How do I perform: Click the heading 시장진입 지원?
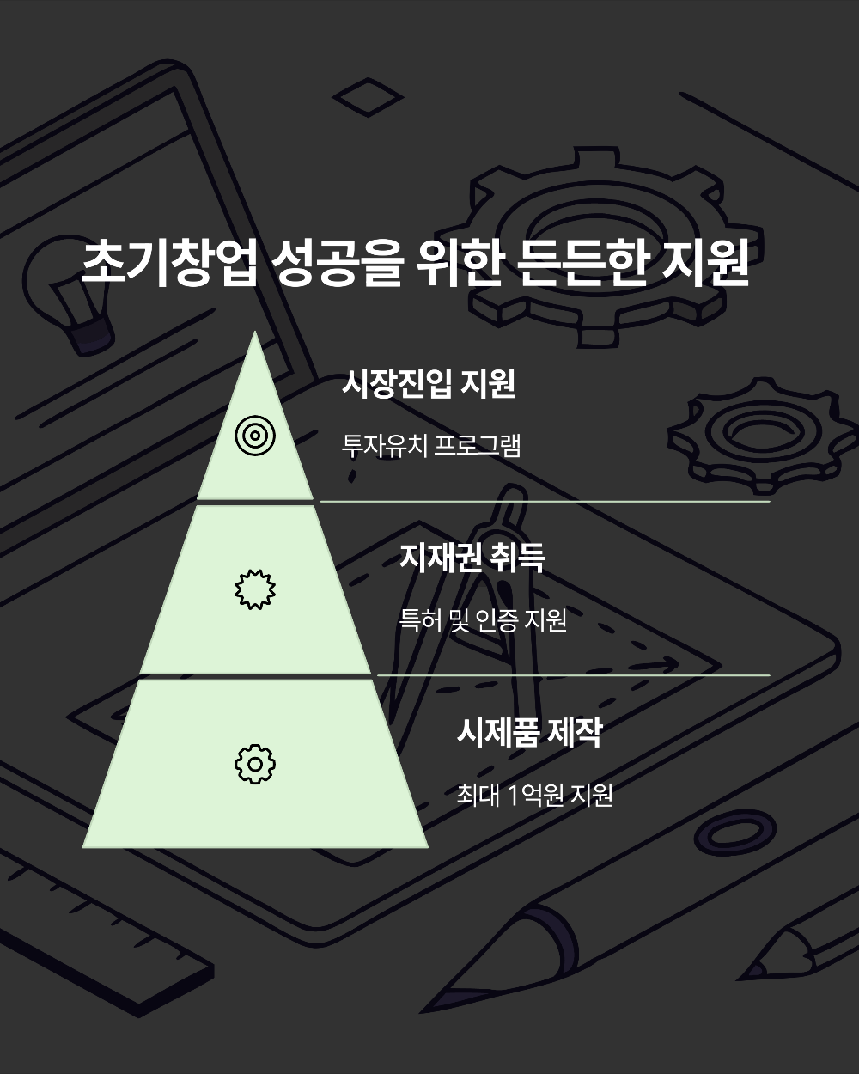pyautogui.click(x=428, y=383)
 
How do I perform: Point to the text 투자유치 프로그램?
pyautogui.click(x=431, y=446)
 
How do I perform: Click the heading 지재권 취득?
pyautogui.click(x=472, y=558)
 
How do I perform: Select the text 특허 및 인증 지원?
pyautogui.click(x=483, y=620)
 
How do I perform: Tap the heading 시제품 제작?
pyautogui.click(x=528, y=733)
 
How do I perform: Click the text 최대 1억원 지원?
pyautogui.click(x=534, y=796)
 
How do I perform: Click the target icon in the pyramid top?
pyautogui.click(x=254, y=436)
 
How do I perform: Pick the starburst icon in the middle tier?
pyautogui.click(x=255, y=589)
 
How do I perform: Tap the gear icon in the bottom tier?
pyautogui.click(x=255, y=763)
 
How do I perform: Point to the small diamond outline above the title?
pyautogui.click(x=368, y=100)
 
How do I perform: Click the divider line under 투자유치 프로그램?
pyautogui.click(x=545, y=501)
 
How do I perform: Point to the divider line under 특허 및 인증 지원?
pyautogui.click(x=573, y=675)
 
